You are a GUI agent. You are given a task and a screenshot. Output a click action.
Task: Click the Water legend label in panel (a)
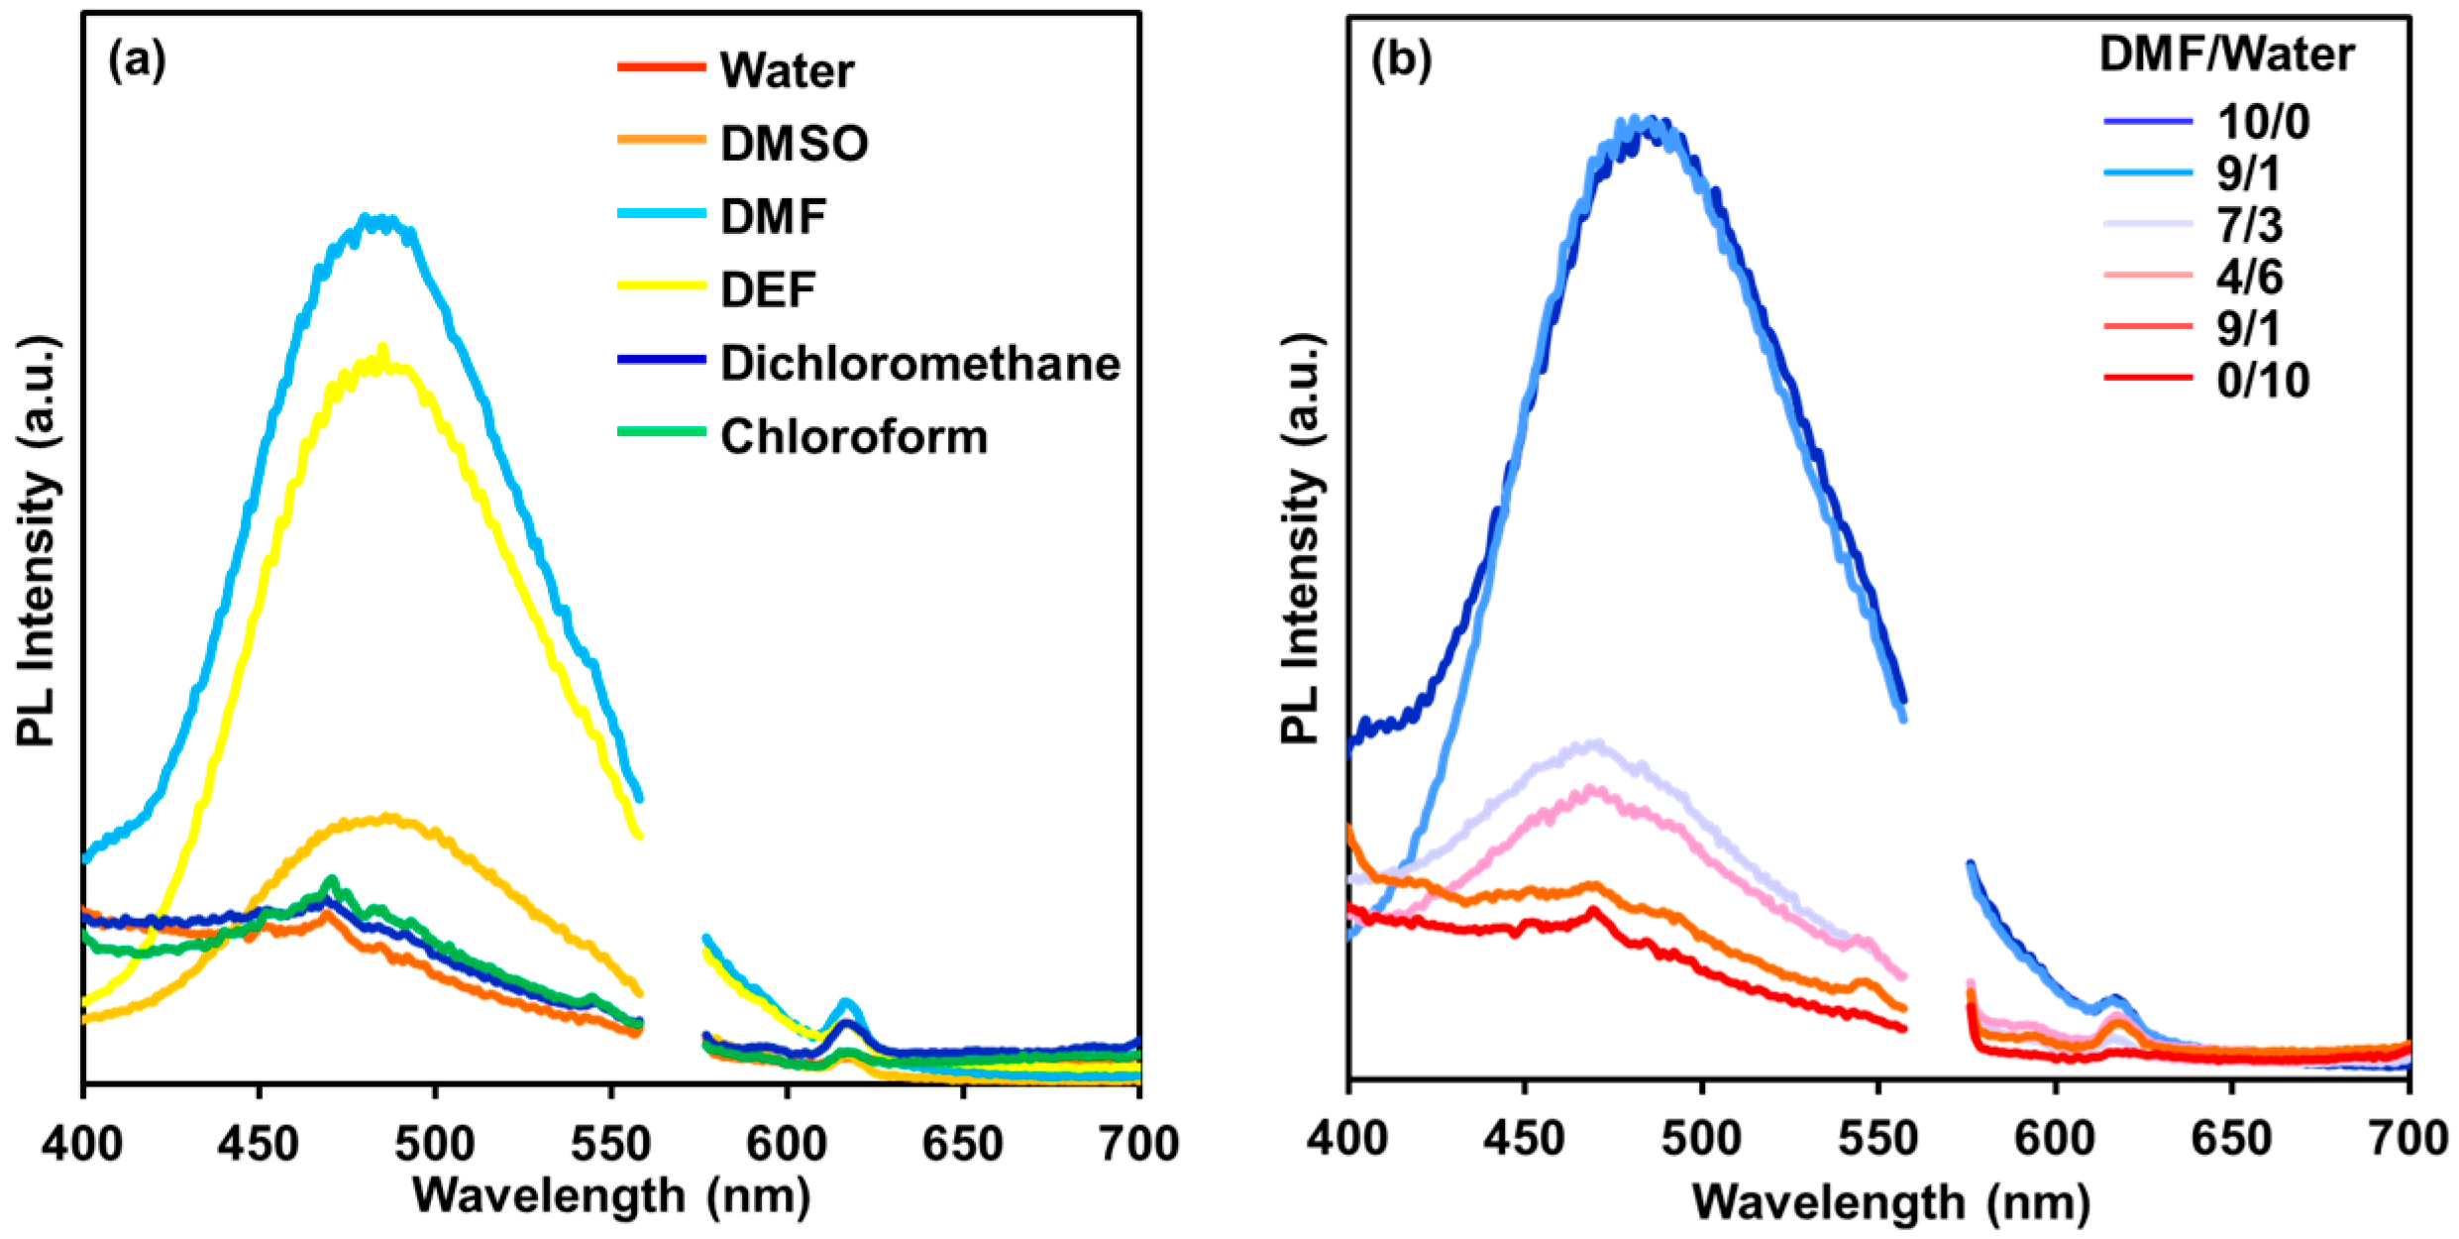point(787,70)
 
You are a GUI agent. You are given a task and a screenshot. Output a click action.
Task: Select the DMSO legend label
point(795,144)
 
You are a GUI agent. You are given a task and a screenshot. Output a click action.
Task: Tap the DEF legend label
point(768,289)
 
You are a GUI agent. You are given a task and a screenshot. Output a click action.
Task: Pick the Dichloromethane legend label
point(920,363)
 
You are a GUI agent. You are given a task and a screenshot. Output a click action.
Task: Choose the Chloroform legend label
point(854,436)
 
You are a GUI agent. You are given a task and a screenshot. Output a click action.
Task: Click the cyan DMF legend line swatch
point(661,213)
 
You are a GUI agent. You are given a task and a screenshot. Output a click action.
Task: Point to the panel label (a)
point(137,60)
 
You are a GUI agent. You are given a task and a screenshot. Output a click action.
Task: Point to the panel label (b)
point(1401,60)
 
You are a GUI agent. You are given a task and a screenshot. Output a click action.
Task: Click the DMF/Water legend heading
point(2226,54)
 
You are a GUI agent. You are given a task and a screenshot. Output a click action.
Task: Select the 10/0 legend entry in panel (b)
point(2263,122)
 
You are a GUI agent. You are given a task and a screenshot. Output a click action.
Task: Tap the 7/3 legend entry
point(2249,225)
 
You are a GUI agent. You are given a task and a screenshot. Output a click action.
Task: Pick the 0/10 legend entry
point(2263,380)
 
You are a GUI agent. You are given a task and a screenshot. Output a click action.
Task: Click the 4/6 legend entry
point(2249,277)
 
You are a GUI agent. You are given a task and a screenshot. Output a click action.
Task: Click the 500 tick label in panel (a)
point(435,1144)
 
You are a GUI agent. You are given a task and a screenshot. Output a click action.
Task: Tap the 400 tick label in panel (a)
point(82,1144)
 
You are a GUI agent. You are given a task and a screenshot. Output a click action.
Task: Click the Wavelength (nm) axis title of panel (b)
point(1890,1202)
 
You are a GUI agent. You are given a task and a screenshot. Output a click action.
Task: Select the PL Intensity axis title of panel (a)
point(38,540)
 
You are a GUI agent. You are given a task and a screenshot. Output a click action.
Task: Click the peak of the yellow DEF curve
point(382,349)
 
